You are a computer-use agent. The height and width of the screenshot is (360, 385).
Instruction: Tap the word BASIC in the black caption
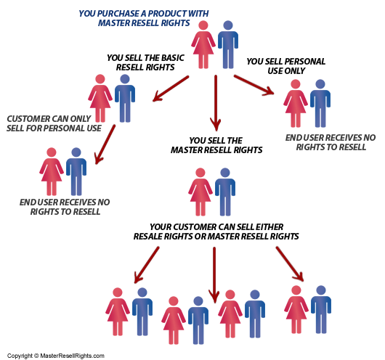coord(172,58)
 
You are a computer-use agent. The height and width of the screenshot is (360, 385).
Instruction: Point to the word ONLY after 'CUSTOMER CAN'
coord(81,119)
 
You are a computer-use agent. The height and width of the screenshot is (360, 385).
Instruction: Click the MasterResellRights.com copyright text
coord(56,356)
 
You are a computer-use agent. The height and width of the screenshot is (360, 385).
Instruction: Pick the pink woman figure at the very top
coord(203,44)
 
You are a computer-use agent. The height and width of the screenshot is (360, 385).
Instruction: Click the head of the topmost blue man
coord(228,25)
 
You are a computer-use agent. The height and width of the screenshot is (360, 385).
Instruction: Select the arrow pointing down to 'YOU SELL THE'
coord(216,103)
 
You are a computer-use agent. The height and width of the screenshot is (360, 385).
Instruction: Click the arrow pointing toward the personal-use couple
coord(254,85)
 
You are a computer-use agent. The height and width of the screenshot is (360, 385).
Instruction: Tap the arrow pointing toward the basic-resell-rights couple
coord(171,89)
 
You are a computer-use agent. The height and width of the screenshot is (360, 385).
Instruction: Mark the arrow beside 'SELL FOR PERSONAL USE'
coord(105,144)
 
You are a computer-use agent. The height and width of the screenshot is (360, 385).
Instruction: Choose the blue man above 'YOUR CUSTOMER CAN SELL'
coord(225,192)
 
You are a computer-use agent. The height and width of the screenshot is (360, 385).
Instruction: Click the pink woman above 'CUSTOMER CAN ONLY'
coord(100,98)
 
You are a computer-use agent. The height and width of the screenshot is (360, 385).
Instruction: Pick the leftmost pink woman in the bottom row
coord(118,311)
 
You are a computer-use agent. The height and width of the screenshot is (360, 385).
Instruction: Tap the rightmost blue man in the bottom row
coord(321,309)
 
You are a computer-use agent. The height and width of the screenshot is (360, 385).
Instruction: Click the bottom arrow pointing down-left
coord(147,265)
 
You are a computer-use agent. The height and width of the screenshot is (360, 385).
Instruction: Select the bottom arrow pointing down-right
coord(290,264)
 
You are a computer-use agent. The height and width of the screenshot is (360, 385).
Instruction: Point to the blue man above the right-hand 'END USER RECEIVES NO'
coord(320,103)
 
